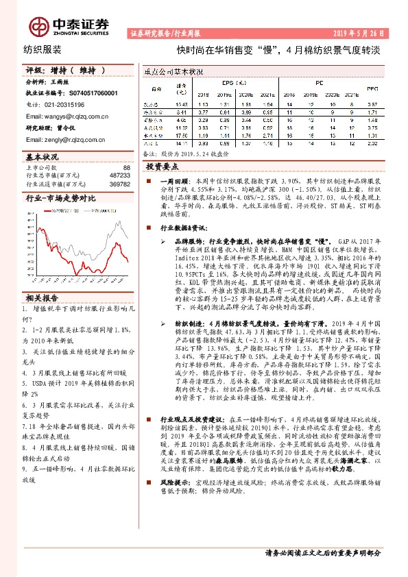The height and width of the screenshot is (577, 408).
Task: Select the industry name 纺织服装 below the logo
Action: click(43, 50)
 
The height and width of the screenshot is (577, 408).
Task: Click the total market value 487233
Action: click(119, 175)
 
